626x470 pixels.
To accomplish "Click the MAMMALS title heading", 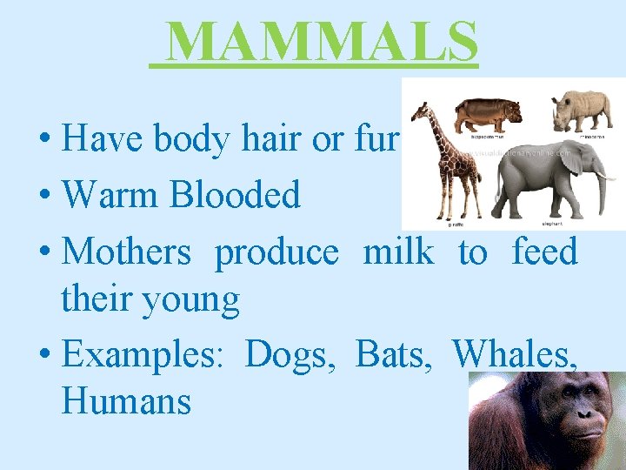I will point(321,41).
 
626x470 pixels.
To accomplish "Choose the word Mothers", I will point(127,252).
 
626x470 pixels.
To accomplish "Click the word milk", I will point(397,252).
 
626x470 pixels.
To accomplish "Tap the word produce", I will point(276,254).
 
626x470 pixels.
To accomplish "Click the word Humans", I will point(126,401).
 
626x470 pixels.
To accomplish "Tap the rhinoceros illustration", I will point(583,108).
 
